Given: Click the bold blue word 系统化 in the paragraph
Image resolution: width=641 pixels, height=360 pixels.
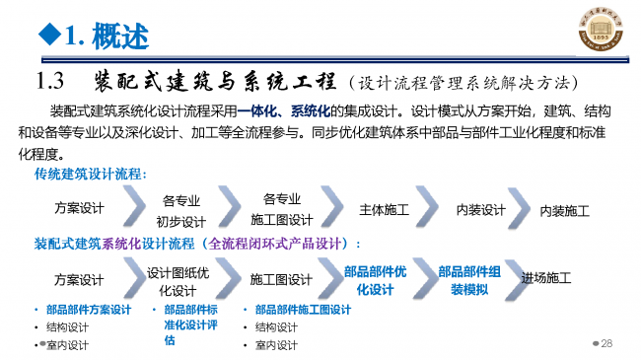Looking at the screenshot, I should pyautogui.click(x=311, y=109).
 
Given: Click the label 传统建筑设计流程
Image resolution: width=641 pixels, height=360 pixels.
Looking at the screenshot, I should pyautogui.click(x=90, y=176).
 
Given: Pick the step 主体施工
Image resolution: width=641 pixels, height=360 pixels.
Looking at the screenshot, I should pyautogui.click(x=384, y=210).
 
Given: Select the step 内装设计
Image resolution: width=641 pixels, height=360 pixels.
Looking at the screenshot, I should pyautogui.click(x=480, y=210).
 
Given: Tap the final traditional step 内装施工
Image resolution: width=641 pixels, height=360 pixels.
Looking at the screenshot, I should pyautogui.click(x=565, y=211).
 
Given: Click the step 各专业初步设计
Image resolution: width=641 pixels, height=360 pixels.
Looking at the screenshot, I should pyautogui.click(x=181, y=211).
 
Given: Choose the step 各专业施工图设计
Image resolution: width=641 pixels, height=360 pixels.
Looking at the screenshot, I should pyautogui.click(x=281, y=209).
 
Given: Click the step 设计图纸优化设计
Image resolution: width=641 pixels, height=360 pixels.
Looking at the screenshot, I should pyautogui.click(x=178, y=281).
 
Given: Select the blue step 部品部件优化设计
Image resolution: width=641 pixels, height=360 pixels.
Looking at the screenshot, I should pyautogui.click(x=375, y=281).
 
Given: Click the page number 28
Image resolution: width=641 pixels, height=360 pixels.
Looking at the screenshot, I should pyautogui.click(x=606, y=343).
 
